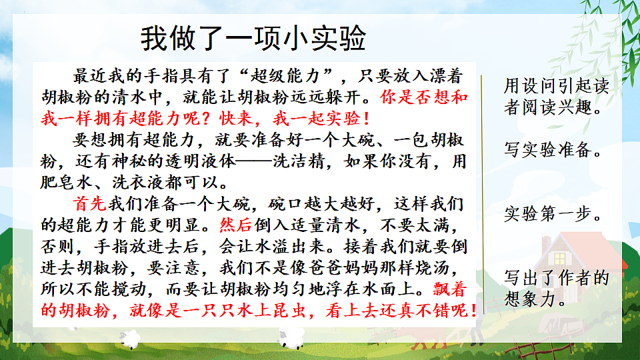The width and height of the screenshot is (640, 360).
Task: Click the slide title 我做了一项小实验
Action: point(253,38)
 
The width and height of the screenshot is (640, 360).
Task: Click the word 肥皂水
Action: point(75,181)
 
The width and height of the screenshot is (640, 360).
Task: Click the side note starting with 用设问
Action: point(556,96)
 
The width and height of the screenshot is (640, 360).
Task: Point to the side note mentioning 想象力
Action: point(556,288)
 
